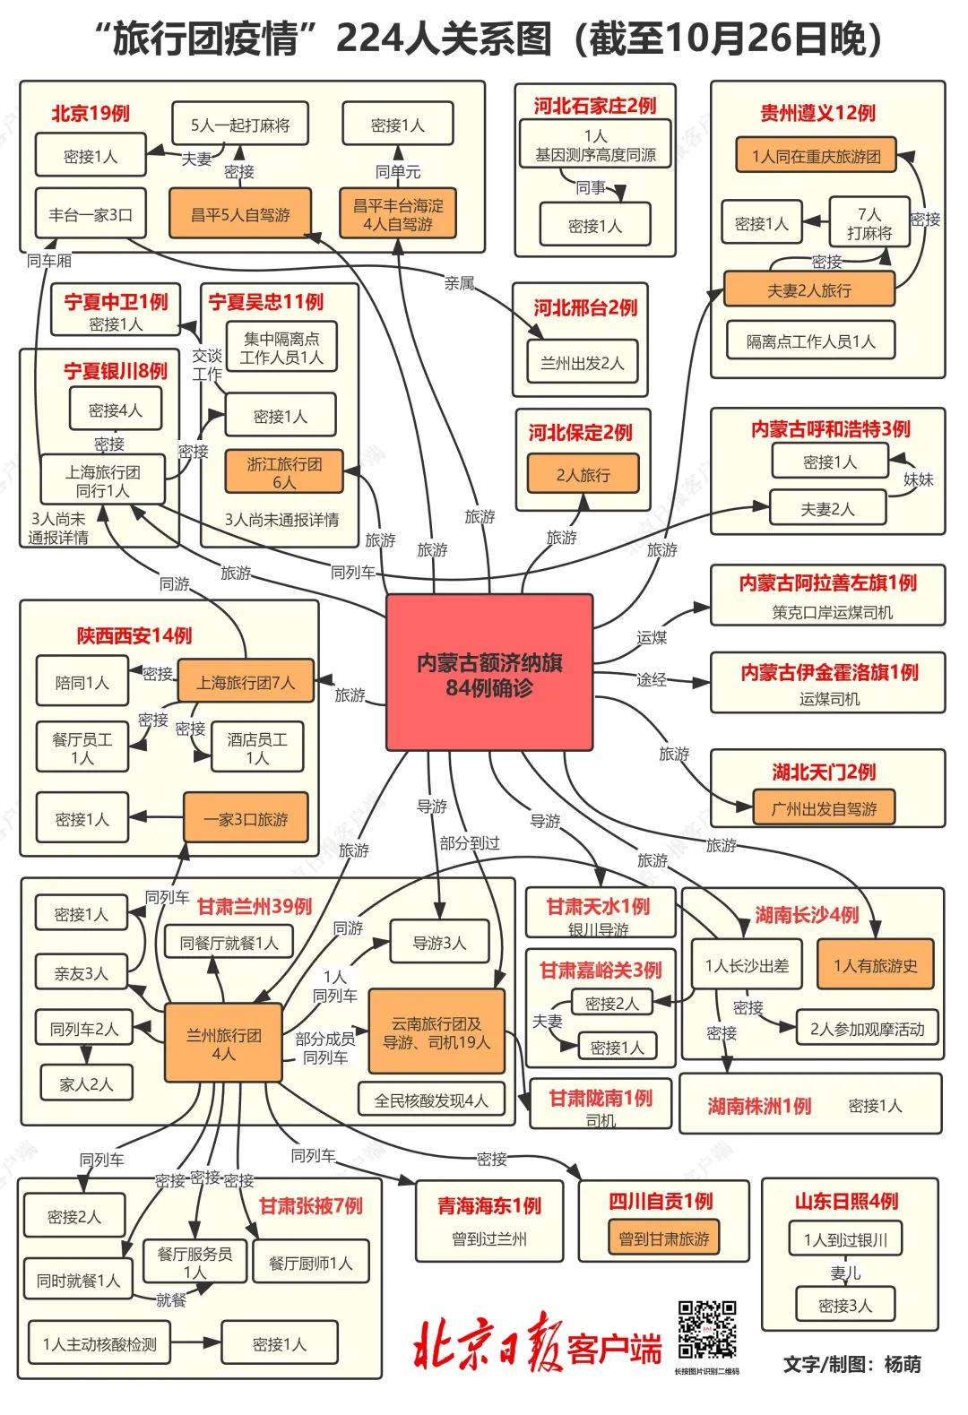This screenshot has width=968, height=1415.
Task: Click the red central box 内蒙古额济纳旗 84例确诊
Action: [489, 673]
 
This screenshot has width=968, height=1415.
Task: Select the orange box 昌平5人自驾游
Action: [240, 213]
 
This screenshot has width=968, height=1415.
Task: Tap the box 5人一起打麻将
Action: [240, 125]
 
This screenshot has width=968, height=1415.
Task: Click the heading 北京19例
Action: [91, 113]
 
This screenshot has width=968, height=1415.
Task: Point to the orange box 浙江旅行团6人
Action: [284, 472]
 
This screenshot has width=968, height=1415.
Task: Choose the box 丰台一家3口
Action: [91, 214]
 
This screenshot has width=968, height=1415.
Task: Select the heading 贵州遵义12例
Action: [817, 113]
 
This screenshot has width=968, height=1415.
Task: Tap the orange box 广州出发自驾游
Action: [824, 808]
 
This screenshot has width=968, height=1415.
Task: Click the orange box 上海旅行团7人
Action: [246, 681]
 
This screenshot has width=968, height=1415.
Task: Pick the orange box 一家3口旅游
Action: [246, 818]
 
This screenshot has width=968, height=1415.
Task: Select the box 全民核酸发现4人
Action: [431, 1100]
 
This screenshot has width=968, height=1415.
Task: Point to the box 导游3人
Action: [439, 942]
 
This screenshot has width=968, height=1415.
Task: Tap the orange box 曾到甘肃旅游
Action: [664, 1238]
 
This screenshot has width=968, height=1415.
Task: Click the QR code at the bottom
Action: [707, 1330]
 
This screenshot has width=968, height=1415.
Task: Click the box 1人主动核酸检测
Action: [99, 1343]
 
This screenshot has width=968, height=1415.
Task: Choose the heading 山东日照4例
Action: [846, 1201]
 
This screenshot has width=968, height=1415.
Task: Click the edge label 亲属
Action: [459, 283]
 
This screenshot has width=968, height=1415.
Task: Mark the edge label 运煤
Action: [652, 637]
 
